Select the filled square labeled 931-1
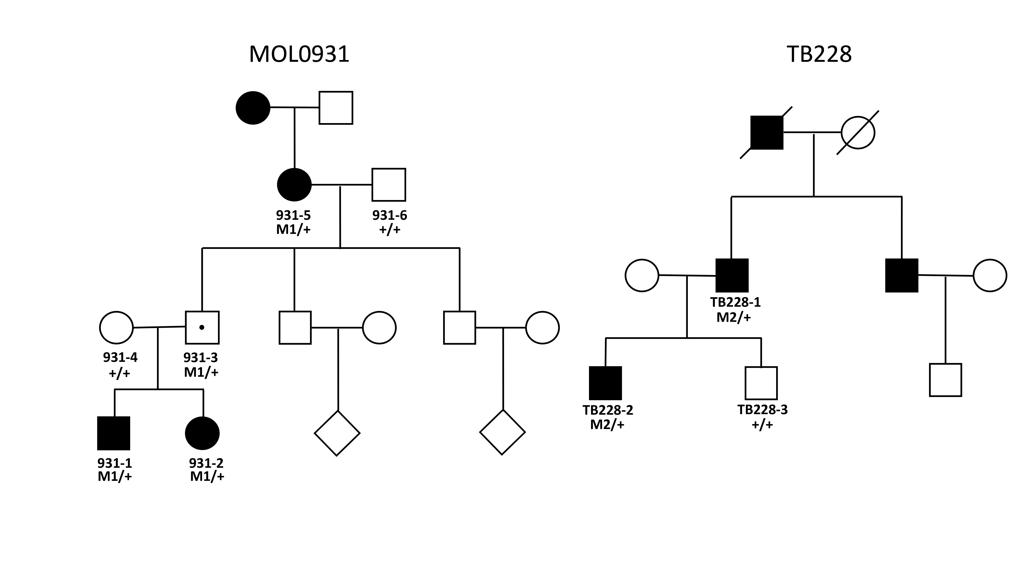114,433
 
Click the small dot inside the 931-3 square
202,327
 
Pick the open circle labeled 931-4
116,327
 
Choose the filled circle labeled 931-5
294,185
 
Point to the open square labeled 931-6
389,185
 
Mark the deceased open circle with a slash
858,133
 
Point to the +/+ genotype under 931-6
389,230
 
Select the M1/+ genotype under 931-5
293,230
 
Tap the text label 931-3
201,357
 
